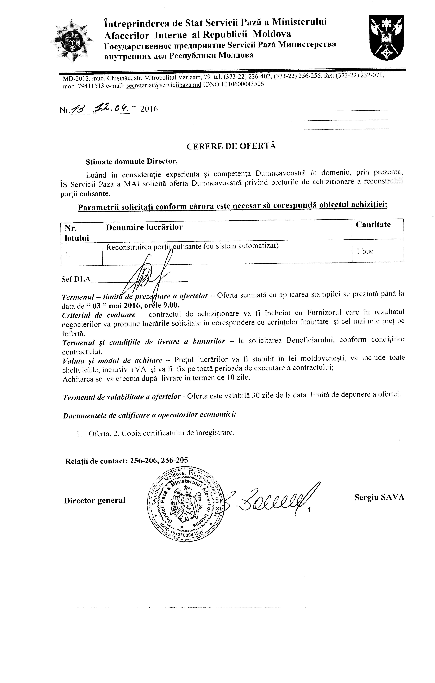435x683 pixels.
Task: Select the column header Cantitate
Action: (373, 225)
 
